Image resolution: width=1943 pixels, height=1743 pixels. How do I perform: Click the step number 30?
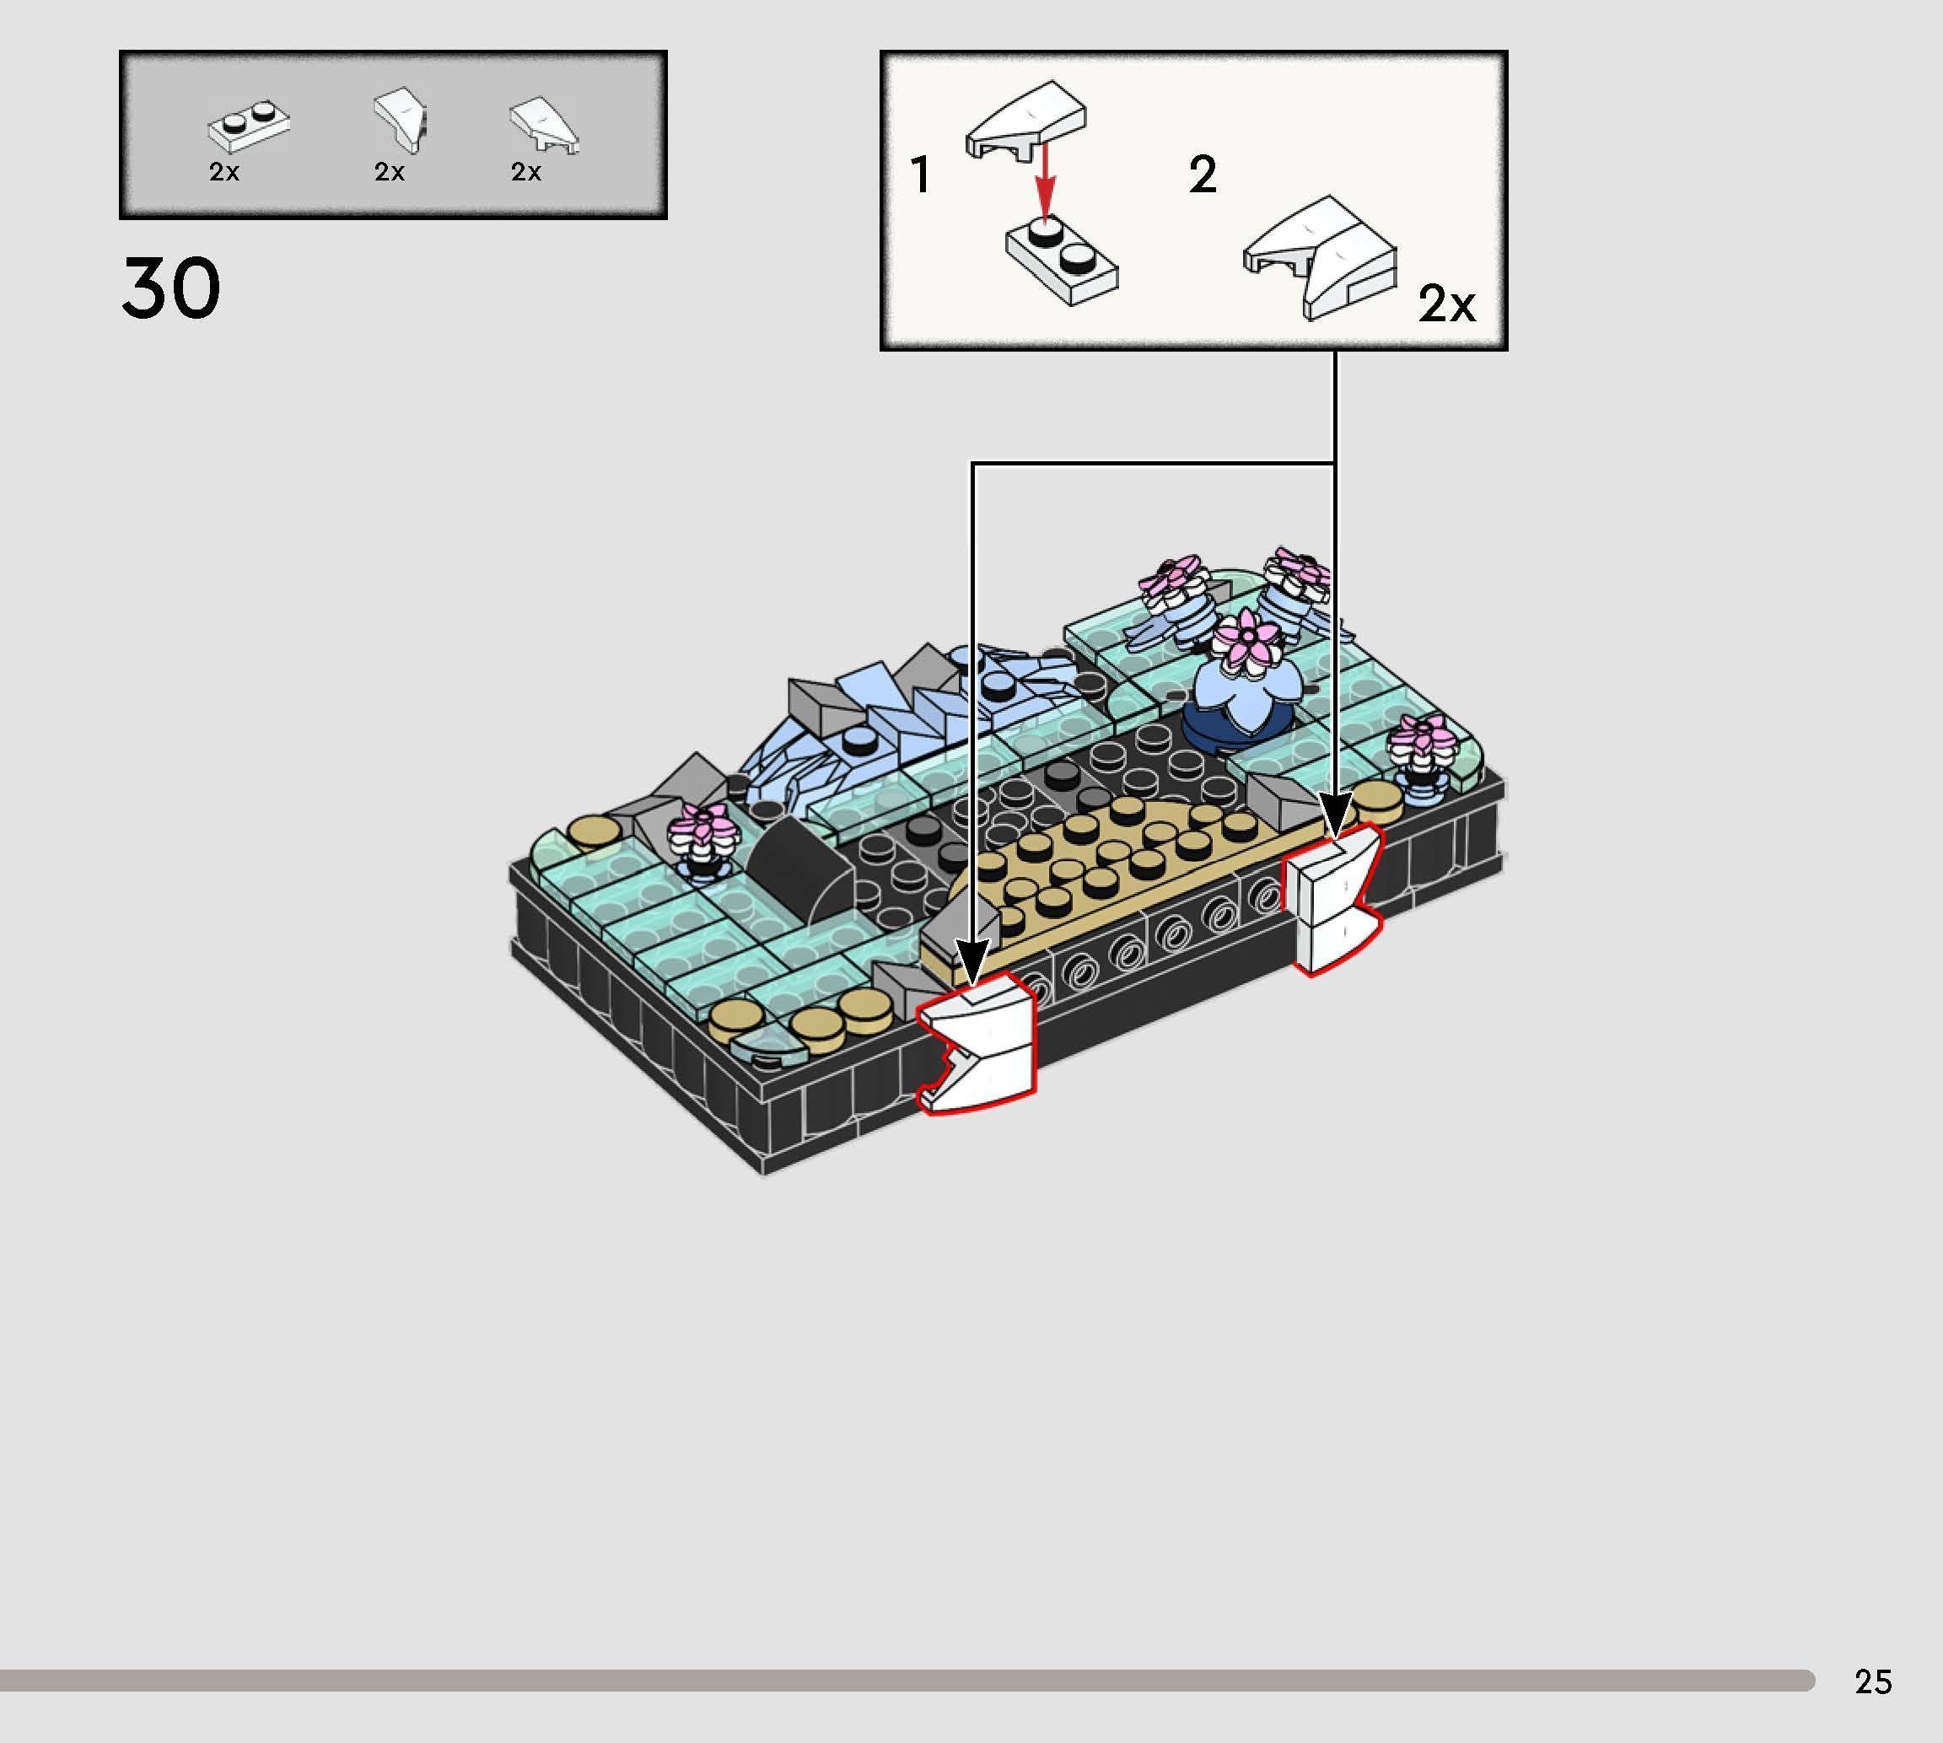pyautogui.click(x=171, y=288)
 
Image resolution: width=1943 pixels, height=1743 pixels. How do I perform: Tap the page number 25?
pyautogui.click(x=1872, y=1681)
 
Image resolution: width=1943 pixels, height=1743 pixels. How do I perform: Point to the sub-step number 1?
pyautogui.click(x=920, y=176)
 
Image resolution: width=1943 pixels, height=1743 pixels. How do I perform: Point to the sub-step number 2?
pyautogui.click(x=1203, y=175)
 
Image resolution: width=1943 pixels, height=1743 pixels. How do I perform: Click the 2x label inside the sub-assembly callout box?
pyautogui.click(x=1446, y=304)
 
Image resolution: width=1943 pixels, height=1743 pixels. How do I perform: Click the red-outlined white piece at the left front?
pyautogui.click(x=977, y=1044)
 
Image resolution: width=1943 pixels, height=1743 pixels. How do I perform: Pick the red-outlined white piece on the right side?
pyautogui.click(x=1335, y=901)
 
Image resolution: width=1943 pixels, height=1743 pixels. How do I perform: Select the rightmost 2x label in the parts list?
pyautogui.click(x=525, y=172)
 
